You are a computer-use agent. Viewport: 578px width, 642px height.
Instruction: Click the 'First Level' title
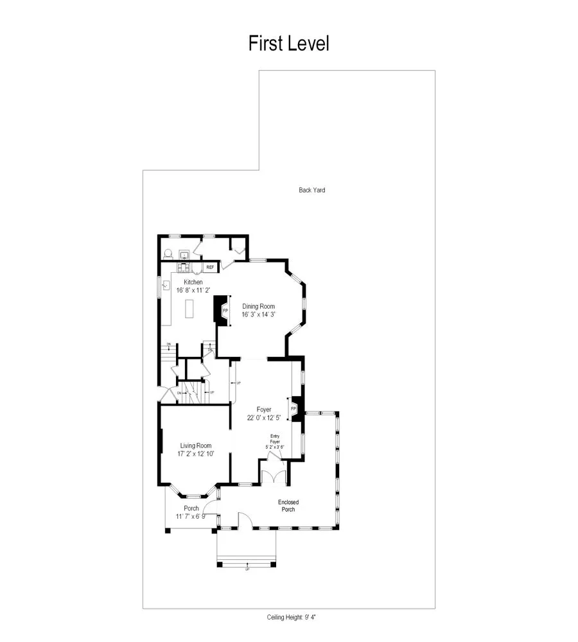click(288, 44)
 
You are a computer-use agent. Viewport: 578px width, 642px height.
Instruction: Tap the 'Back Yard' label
click(311, 190)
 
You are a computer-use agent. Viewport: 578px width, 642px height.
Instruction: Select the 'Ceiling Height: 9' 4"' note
click(292, 617)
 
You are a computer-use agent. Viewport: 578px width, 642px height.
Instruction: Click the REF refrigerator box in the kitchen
click(210, 267)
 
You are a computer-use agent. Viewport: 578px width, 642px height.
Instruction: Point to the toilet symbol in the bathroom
click(168, 253)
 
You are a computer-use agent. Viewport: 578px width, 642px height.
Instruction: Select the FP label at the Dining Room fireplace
click(225, 311)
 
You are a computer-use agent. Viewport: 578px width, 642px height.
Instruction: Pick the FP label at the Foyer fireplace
click(293, 408)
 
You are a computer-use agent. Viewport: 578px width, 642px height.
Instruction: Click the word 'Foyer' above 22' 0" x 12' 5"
click(263, 409)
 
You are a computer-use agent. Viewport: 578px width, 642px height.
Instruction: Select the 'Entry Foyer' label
click(274, 439)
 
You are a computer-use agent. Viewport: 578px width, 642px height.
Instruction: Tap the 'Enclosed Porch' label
click(288, 506)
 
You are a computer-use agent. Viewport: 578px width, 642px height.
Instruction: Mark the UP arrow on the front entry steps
click(247, 569)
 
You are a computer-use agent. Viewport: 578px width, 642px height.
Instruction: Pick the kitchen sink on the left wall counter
click(166, 284)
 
